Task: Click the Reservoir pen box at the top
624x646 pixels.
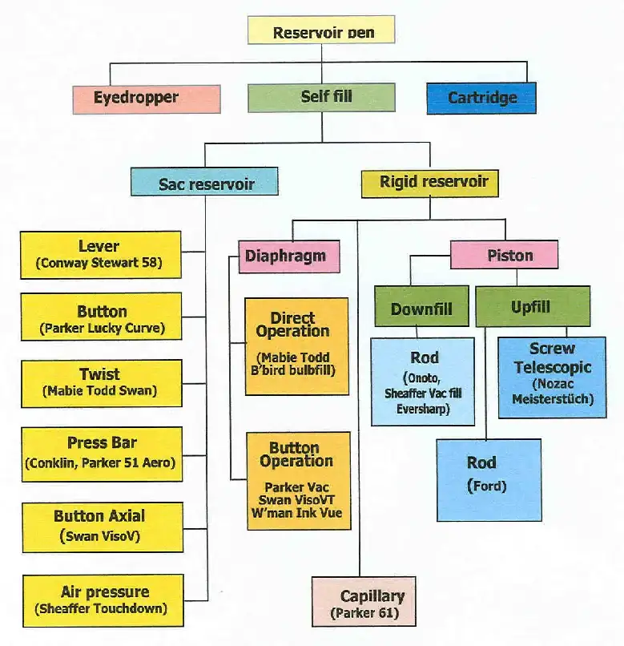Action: [322, 31]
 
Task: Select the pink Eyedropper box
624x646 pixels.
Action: [147, 99]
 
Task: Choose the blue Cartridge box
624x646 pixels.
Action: [481, 98]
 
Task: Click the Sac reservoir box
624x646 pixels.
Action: [205, 183]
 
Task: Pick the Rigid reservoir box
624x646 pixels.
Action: [429, 181]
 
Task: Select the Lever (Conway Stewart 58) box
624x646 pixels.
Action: [101, 254]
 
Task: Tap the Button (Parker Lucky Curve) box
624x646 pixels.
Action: [101, 318]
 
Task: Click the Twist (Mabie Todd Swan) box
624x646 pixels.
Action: [101, 382]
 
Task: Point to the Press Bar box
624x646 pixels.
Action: [101, 453]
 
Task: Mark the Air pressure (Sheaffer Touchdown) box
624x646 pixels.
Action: [101, 600]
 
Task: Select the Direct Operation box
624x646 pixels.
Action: [296, 345]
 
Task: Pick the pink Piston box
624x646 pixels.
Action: [504, 256]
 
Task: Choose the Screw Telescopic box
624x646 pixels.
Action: [552, 377]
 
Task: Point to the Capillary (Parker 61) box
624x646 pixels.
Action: [364, 601]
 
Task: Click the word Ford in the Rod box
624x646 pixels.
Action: [487, 486]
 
